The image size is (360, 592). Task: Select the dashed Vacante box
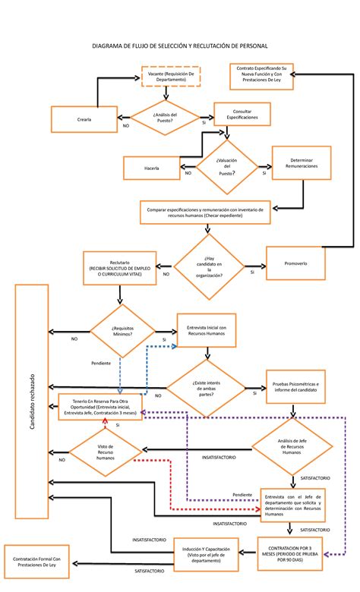[x=170, y=76]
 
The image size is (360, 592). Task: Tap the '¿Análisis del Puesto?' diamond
[x=165, y=118]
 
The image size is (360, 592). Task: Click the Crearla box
[x=84, y=119]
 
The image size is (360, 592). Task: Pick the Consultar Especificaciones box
[x=242, y=115]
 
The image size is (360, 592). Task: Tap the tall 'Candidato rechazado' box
[x=31, y=402]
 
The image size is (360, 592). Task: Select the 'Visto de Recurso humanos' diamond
[x=106, y=453]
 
